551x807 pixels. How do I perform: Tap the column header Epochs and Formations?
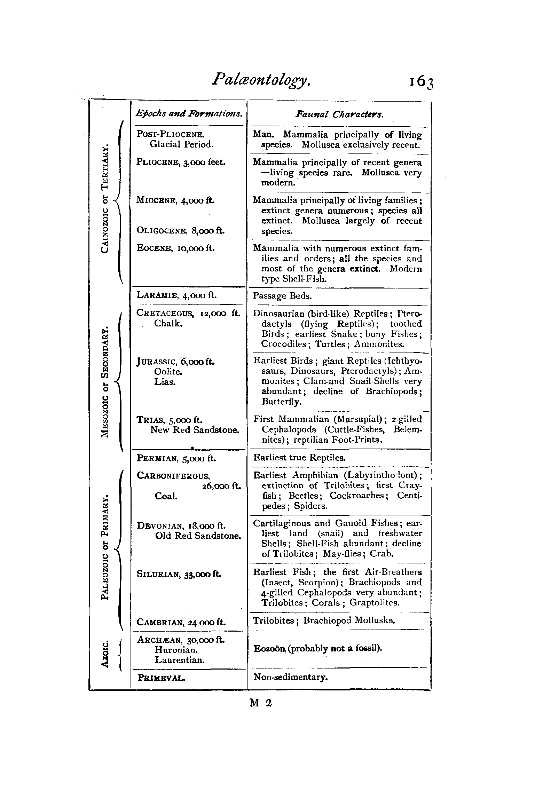click(189, 113)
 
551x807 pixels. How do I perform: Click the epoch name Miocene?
click(157, 200)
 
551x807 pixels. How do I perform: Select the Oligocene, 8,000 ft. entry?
click(181, 230)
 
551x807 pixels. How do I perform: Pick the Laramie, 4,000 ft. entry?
click(177, 295)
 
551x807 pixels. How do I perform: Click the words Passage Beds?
click(282, 296)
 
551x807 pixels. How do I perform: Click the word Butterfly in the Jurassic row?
click(281, 402)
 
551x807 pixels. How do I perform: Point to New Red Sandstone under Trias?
click(195, 430)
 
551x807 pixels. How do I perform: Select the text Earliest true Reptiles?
click(299, 457)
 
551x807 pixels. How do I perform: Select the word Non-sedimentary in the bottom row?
click(291, 677)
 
